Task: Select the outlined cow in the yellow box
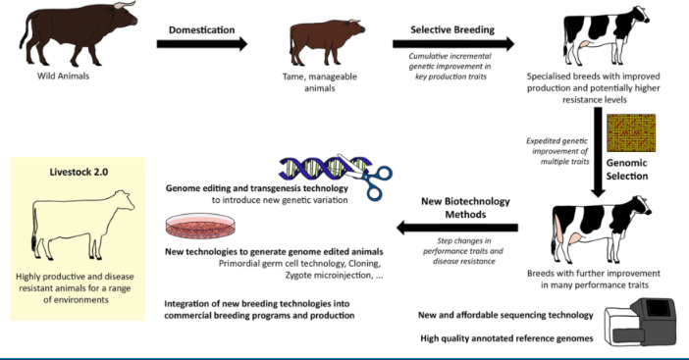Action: tap(76, 227)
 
